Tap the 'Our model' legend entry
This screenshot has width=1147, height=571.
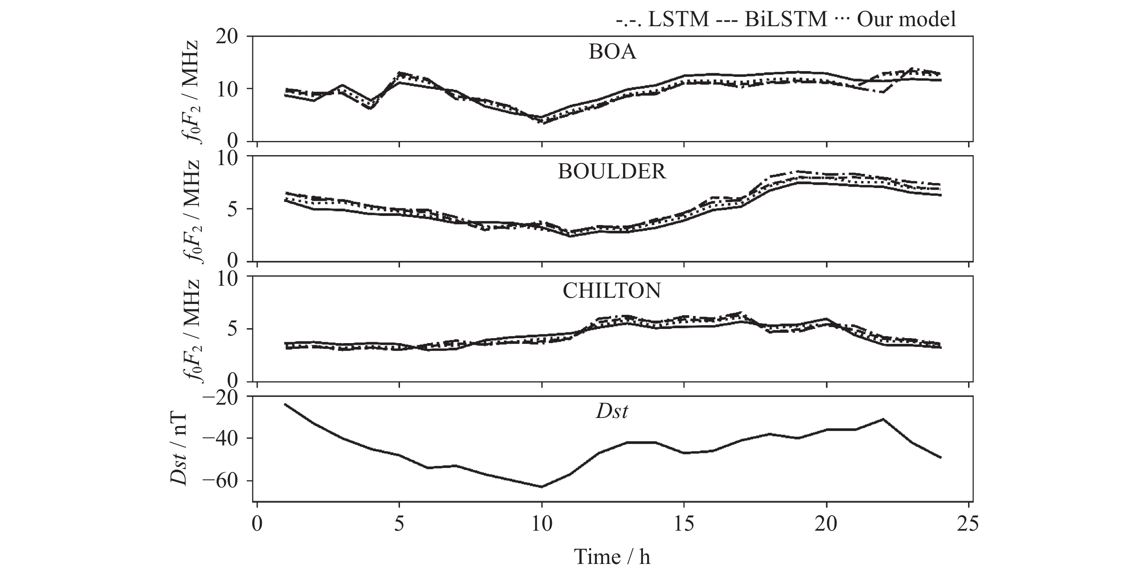895,20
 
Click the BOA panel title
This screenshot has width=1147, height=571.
612,52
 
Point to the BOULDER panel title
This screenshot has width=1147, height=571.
612,172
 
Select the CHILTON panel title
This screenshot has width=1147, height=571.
612,291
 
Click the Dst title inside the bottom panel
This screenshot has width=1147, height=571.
612,411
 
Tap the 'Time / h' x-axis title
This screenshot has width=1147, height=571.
612,557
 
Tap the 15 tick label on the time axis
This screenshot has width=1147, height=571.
684,524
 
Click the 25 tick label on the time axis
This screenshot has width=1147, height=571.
969,524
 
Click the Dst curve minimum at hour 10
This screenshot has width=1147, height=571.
541,487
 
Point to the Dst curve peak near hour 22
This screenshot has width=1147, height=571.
883,419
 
